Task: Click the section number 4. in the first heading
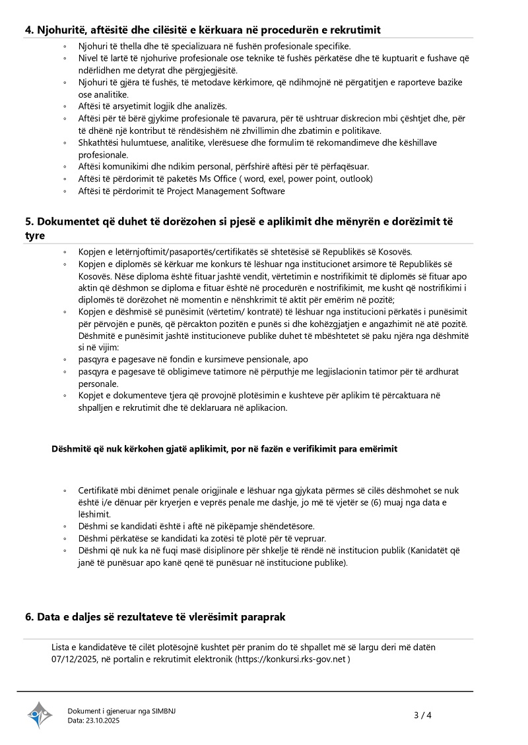pos(30,30)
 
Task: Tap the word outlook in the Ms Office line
pos(356,179)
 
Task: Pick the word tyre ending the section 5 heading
pos(35,236)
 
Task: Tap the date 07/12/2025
pos(73,659)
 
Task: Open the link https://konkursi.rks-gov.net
pos(292,659)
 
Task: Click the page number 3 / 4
pos(422,715)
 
